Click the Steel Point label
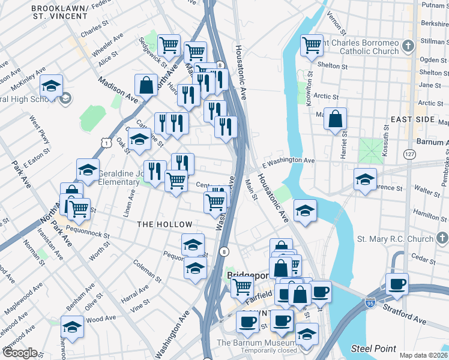click(373, 349)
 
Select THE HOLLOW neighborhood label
click(164, 224)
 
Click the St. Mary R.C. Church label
click(395, 239)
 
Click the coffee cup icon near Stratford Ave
click(397, 284)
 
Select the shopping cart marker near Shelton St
click(312, 44)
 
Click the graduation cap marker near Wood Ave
click(72, 327)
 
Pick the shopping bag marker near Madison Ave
click(146, 85)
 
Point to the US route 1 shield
click(106, 143)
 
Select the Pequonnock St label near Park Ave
click(88, 228)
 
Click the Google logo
click(19, 353)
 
